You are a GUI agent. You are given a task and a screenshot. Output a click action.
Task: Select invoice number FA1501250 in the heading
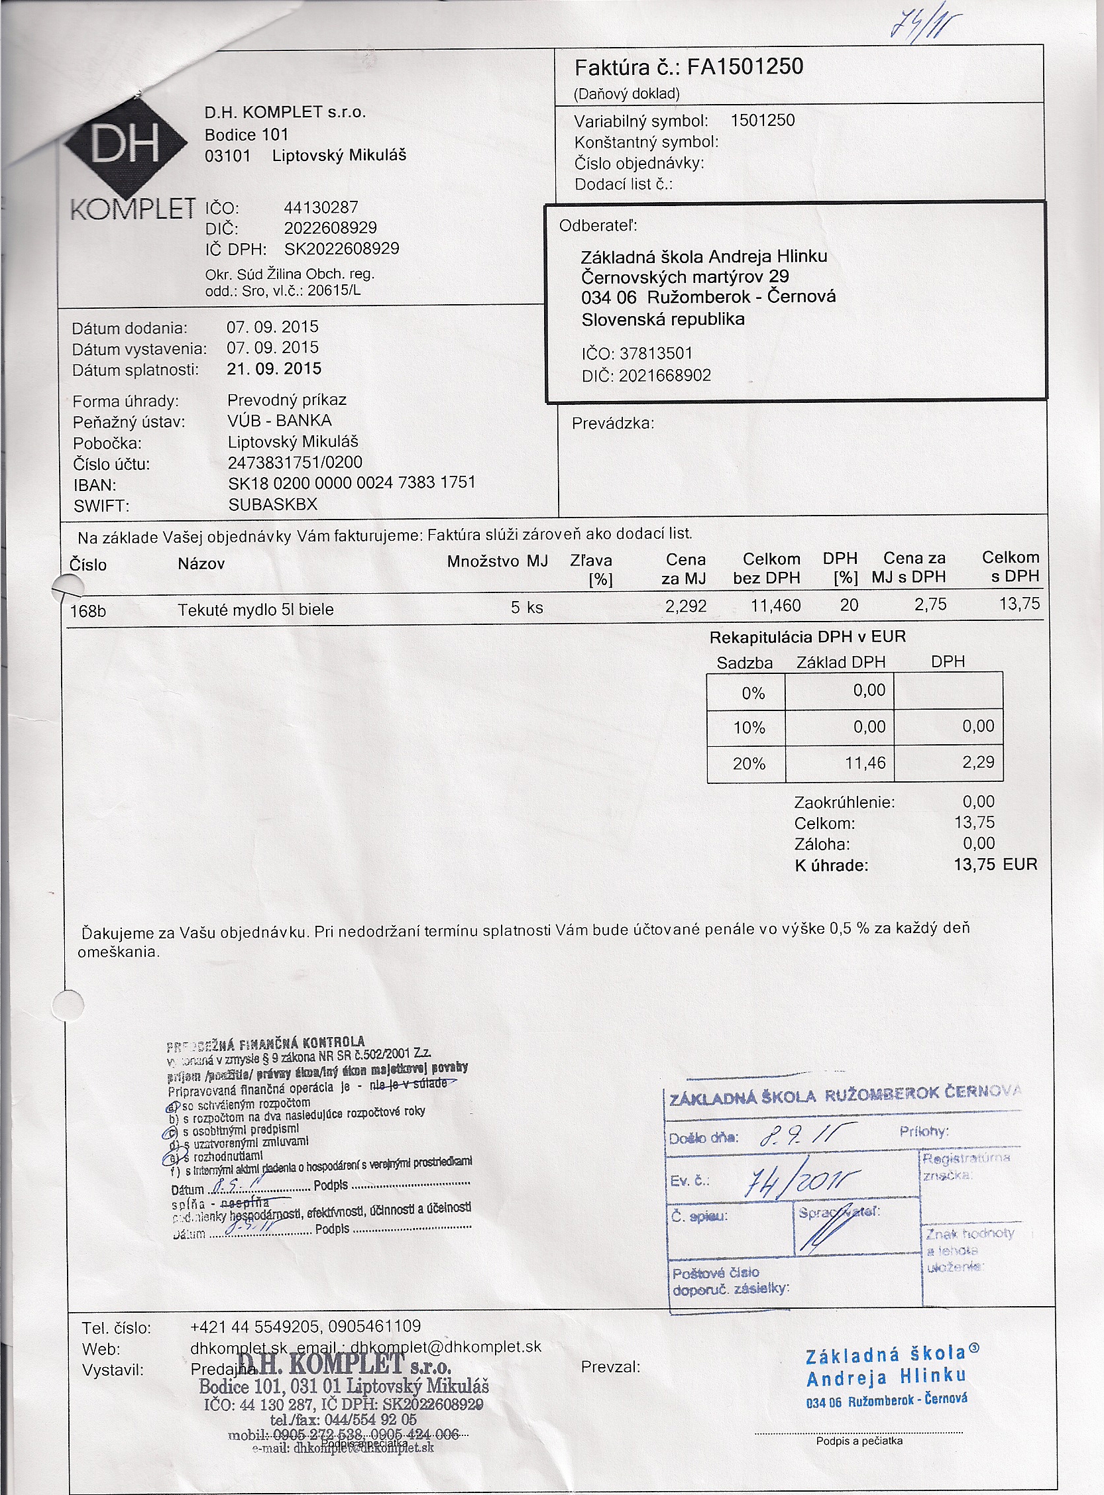745,67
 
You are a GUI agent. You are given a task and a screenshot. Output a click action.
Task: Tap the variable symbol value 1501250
763,121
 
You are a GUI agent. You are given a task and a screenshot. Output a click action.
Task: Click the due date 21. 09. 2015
274,369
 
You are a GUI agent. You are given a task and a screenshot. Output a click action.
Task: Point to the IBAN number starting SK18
351,482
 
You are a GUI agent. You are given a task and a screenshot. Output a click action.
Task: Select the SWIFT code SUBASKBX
272,504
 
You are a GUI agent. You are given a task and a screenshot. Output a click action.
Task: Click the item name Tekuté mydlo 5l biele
255,610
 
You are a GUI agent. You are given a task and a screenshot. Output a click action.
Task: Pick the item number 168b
87,611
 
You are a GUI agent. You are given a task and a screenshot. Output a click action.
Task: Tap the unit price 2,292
686,606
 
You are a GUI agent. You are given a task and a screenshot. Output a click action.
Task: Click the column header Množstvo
482,561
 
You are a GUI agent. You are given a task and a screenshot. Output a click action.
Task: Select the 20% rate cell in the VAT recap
748,764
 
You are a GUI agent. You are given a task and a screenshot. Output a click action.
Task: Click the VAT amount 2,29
978,763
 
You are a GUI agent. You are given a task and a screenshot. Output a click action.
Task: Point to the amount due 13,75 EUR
995,865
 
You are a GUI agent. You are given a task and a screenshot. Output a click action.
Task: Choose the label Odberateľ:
598,226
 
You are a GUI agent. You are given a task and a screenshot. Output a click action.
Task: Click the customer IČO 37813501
655,353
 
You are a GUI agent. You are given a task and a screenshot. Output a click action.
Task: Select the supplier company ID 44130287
321,207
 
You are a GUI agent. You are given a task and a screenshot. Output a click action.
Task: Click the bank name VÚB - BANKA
280,420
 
